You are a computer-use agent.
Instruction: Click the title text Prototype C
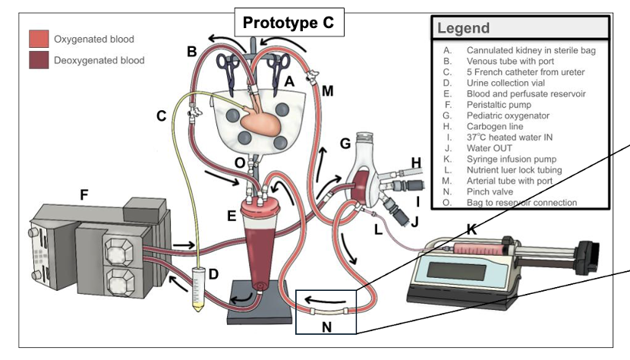point(288,23)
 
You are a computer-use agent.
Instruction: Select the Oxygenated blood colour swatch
point(38,39)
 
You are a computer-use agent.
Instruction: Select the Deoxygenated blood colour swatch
point(38,59)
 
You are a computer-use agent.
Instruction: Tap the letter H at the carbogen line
point(415,163)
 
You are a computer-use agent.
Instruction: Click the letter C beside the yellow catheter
point(162,116)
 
